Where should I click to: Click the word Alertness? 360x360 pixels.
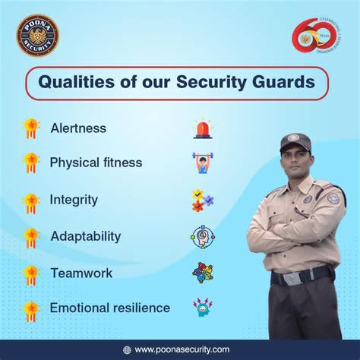click(77, 128)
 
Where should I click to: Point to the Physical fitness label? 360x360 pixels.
click(96, 163)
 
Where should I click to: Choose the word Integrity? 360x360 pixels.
click(74, 200)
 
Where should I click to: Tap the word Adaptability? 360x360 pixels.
click(86, 235)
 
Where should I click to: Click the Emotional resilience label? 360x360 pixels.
click(110, 308)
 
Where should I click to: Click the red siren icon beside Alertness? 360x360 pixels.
click(202, 128)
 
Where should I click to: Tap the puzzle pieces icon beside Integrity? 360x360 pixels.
click(202, 201)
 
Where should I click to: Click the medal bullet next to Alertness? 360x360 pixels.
click(31, 128)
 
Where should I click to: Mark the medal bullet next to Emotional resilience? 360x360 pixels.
click(31, 308)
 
